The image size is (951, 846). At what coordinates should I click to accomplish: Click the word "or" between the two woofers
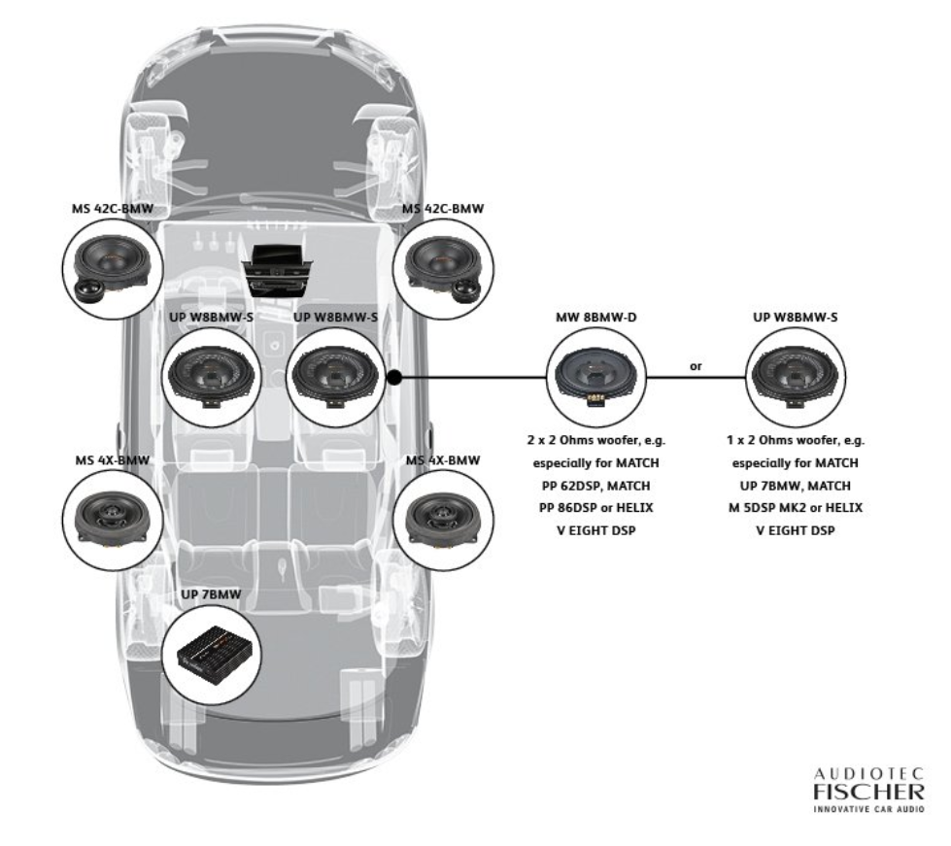click(696, 366)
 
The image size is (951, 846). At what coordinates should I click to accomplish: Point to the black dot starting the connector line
click(393, 376)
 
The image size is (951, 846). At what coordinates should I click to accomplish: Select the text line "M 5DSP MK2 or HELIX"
click(797, 507)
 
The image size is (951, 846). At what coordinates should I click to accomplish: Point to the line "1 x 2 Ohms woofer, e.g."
click(797, 440)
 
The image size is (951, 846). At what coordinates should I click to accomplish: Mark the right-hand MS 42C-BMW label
click(442, 209)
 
